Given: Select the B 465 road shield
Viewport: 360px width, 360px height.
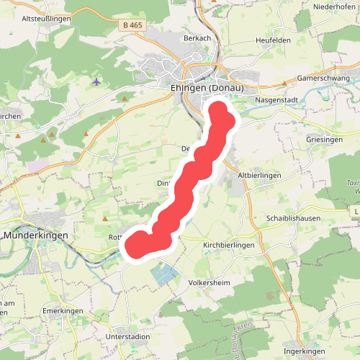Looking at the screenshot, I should pos(132,25).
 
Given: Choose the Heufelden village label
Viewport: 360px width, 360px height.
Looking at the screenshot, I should pos(273,40).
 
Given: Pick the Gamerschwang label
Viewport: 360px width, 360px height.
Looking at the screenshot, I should pos(323,78).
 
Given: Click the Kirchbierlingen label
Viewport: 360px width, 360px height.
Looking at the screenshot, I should pos(229,246).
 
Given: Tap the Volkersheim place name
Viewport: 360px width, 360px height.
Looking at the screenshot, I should pos(209,283).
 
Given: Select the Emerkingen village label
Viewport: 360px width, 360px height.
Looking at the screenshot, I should pos(63,310).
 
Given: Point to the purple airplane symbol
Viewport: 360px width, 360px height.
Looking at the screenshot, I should pos(97,81).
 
